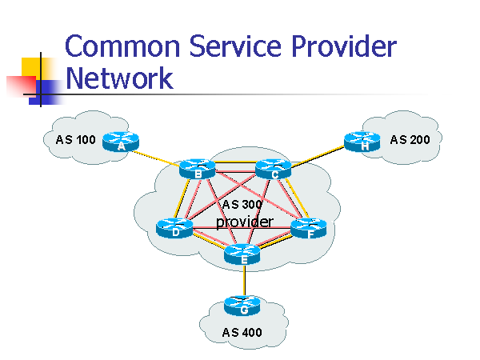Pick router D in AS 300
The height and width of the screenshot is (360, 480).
(x=174, y=228)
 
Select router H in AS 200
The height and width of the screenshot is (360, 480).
(x=364, y=142)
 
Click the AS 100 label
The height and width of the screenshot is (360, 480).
(x=75, y=140)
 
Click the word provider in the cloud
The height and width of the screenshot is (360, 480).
(x=244, y=222)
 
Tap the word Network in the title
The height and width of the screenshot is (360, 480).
(x=118, y=78)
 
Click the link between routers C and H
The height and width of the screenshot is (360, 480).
(x=318, y=155)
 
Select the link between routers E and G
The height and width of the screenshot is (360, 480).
(x=243, y=280)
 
